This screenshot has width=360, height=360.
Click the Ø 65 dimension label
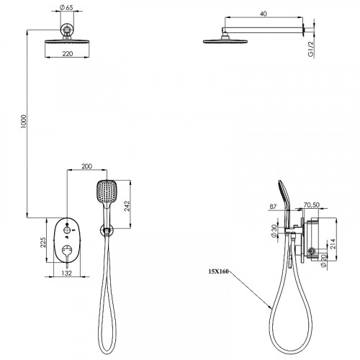[x=66, y=7]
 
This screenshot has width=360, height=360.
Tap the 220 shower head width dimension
[x=68, y=54]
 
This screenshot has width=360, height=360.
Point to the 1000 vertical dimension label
[x=23, y=122]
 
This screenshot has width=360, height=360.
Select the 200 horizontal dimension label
[x=86, y=166]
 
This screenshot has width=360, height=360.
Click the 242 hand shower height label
[x=127, y=206]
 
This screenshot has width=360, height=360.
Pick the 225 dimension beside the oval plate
[x=43, y=243]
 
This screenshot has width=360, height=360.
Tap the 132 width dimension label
[x=67, y=273]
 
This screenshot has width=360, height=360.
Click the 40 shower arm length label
[x=264, y=14]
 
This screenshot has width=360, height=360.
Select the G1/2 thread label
[x=311, y=49]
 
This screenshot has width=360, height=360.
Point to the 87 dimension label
[x=274, y=207]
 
